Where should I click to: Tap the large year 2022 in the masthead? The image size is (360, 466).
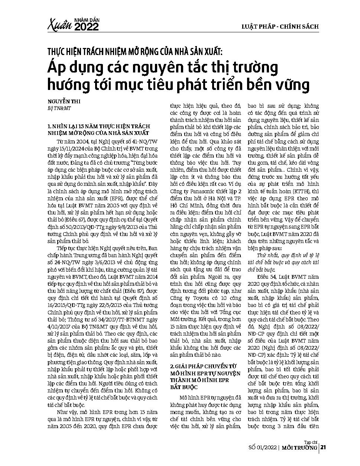point(87,27)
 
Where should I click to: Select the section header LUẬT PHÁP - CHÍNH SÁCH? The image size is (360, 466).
point(280,26)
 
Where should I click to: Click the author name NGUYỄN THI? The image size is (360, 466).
point(64,101)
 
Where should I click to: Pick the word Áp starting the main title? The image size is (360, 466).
point(56,68)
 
